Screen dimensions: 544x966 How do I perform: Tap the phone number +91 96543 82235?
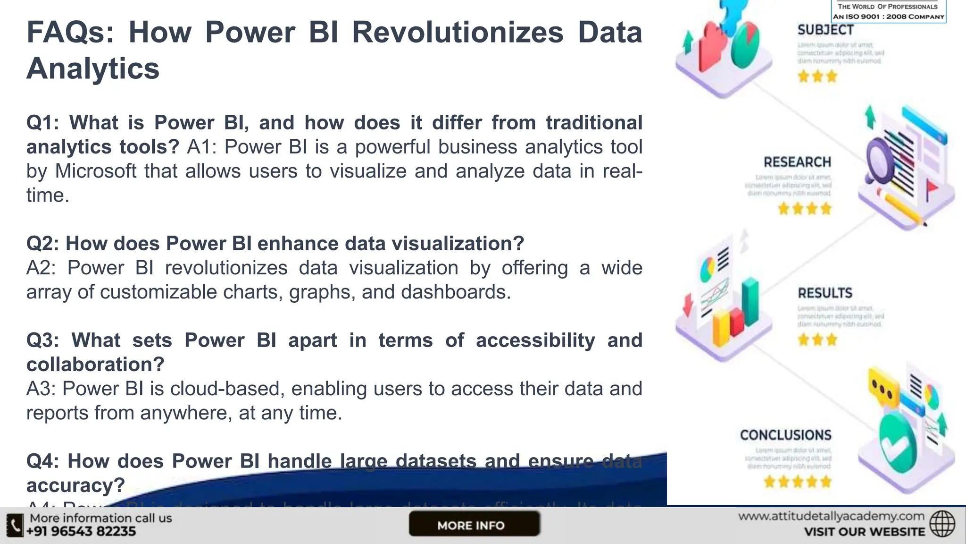pos(81,531)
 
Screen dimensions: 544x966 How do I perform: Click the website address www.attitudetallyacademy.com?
pos(831,516)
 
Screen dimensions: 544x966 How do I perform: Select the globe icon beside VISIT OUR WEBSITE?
pos(942,524)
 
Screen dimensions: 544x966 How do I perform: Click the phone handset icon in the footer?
pos(15,525)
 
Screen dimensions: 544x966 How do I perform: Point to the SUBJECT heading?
pos(825,30)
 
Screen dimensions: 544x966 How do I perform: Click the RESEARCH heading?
pos(797,162)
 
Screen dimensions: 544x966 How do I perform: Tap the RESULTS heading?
pos(825,293)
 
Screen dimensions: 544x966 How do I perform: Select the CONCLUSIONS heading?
pos(785,435)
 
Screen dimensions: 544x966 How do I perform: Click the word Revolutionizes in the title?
pos(458,33)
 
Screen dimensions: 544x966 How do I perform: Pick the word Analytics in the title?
pos(93,68)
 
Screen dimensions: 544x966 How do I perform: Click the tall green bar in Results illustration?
pos(750,302)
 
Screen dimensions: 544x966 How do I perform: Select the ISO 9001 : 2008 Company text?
pos(889,17)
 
